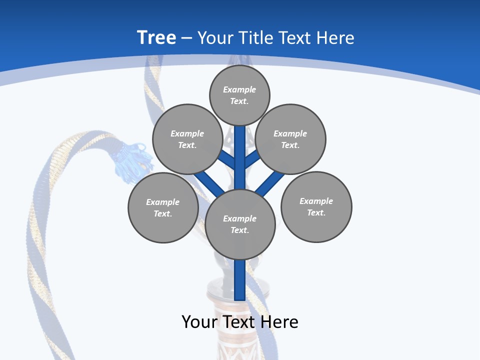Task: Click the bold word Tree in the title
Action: tap(156, 37)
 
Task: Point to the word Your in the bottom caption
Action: tap(200, 322)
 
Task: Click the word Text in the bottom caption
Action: tap(242, 322)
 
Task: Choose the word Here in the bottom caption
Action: tap(280, 322)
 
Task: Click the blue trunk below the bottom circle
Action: tap(240, 280)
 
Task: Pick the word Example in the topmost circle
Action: tap(239, 89)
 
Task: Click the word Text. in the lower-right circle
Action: tap(316, 212)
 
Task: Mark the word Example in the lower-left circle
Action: tap(162, 202)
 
